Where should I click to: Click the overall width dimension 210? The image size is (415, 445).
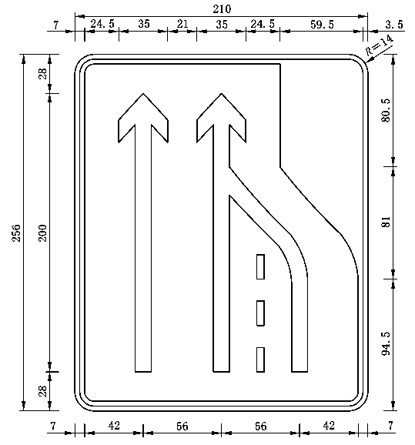point(222,9)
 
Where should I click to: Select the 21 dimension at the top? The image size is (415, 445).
point(182,24)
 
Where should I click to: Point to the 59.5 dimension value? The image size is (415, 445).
point(322,25)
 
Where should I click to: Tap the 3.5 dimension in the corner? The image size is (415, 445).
point(394,25)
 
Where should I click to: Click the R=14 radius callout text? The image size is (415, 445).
point(380,45)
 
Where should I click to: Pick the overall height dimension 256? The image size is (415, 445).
point(16,233)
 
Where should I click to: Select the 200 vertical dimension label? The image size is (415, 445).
point(42,233)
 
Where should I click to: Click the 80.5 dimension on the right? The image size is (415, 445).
point(386,110)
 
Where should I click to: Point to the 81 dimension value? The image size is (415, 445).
point(386,222)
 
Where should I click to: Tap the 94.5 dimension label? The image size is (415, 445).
point(386,343)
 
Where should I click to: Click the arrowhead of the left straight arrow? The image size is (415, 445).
point(143,118)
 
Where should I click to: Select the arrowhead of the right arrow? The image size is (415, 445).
point(222,118)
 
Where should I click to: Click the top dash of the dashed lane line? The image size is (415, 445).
point(260,267)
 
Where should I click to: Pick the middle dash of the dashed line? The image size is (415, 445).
point(260,313)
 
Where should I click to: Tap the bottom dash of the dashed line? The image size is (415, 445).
point(260,360)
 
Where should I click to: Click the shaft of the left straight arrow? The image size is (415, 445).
point(143,248)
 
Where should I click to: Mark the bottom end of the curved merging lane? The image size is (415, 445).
point(300,372)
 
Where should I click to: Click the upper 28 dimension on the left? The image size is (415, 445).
point(42,74)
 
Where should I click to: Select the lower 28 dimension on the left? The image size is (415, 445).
point(42,391)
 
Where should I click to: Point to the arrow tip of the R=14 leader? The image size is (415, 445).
point(365,62)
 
